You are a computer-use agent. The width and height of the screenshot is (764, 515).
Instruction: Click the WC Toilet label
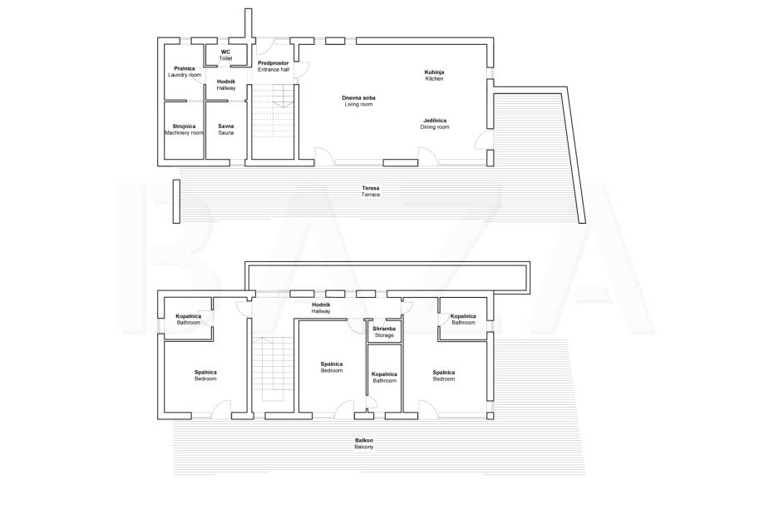(225, 55)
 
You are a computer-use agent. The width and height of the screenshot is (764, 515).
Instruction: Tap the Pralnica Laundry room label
(185, 72)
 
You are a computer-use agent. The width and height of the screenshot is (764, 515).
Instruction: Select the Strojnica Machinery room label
(184, 129)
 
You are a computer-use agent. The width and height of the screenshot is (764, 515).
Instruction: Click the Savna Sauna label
(226, 129)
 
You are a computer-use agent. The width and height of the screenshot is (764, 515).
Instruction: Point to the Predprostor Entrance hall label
(274, 67)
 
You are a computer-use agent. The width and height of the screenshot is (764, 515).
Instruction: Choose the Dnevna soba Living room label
(358, 101)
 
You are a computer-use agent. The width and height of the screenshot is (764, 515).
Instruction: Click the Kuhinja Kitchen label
(434, 75)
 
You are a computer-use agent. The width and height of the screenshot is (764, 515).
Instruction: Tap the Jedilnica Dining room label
(435, 123)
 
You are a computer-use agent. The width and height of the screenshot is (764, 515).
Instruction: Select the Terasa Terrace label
(371, 191)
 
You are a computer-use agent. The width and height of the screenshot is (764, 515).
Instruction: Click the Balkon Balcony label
(364, 443)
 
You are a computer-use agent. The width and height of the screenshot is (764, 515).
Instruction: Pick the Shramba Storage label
(384, 332)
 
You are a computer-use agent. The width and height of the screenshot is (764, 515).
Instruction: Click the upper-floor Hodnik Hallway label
(321, 308)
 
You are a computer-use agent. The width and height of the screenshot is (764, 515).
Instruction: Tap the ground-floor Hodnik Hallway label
(226, 85)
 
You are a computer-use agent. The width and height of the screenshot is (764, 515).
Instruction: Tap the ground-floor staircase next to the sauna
(273, 121)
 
